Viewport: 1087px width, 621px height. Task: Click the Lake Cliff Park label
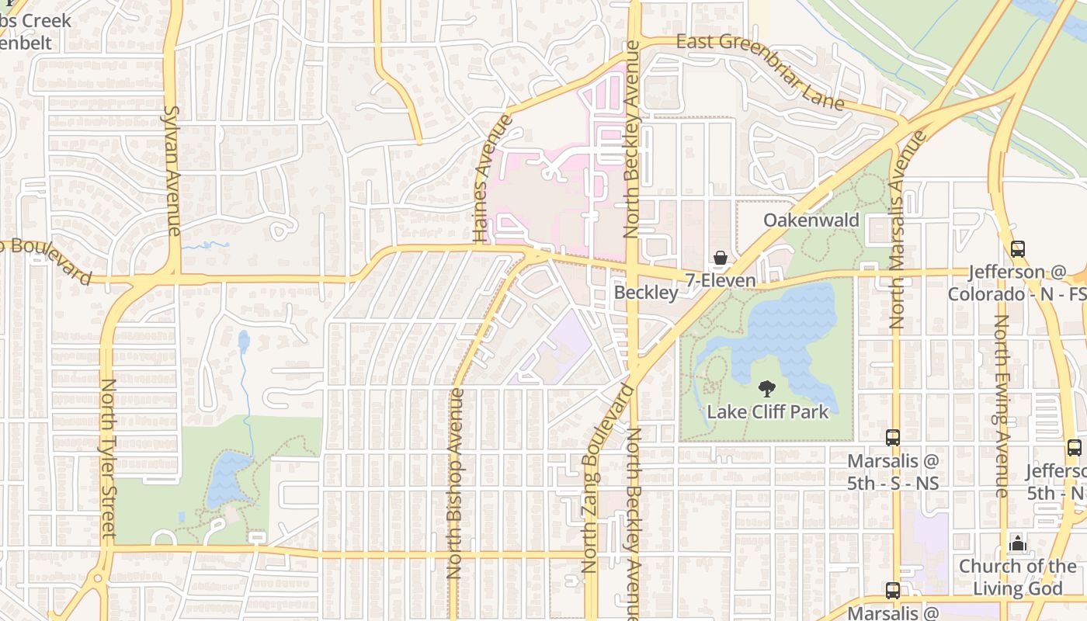767,412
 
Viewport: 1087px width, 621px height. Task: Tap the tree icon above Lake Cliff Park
767,389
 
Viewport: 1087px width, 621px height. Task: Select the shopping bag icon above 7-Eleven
721,258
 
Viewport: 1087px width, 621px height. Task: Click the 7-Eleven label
721,280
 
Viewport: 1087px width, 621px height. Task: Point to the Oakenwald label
811,220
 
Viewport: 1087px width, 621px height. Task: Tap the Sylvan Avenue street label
172,171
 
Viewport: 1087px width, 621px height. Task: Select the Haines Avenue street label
491,179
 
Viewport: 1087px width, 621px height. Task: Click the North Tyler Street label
108,458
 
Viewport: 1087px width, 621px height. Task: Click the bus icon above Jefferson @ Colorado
1017,249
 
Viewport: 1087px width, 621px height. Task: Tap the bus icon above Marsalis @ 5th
893,438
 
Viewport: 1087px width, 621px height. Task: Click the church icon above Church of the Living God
1018,543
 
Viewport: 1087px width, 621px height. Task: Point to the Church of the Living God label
1017,577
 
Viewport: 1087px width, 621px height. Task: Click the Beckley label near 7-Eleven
646,293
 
